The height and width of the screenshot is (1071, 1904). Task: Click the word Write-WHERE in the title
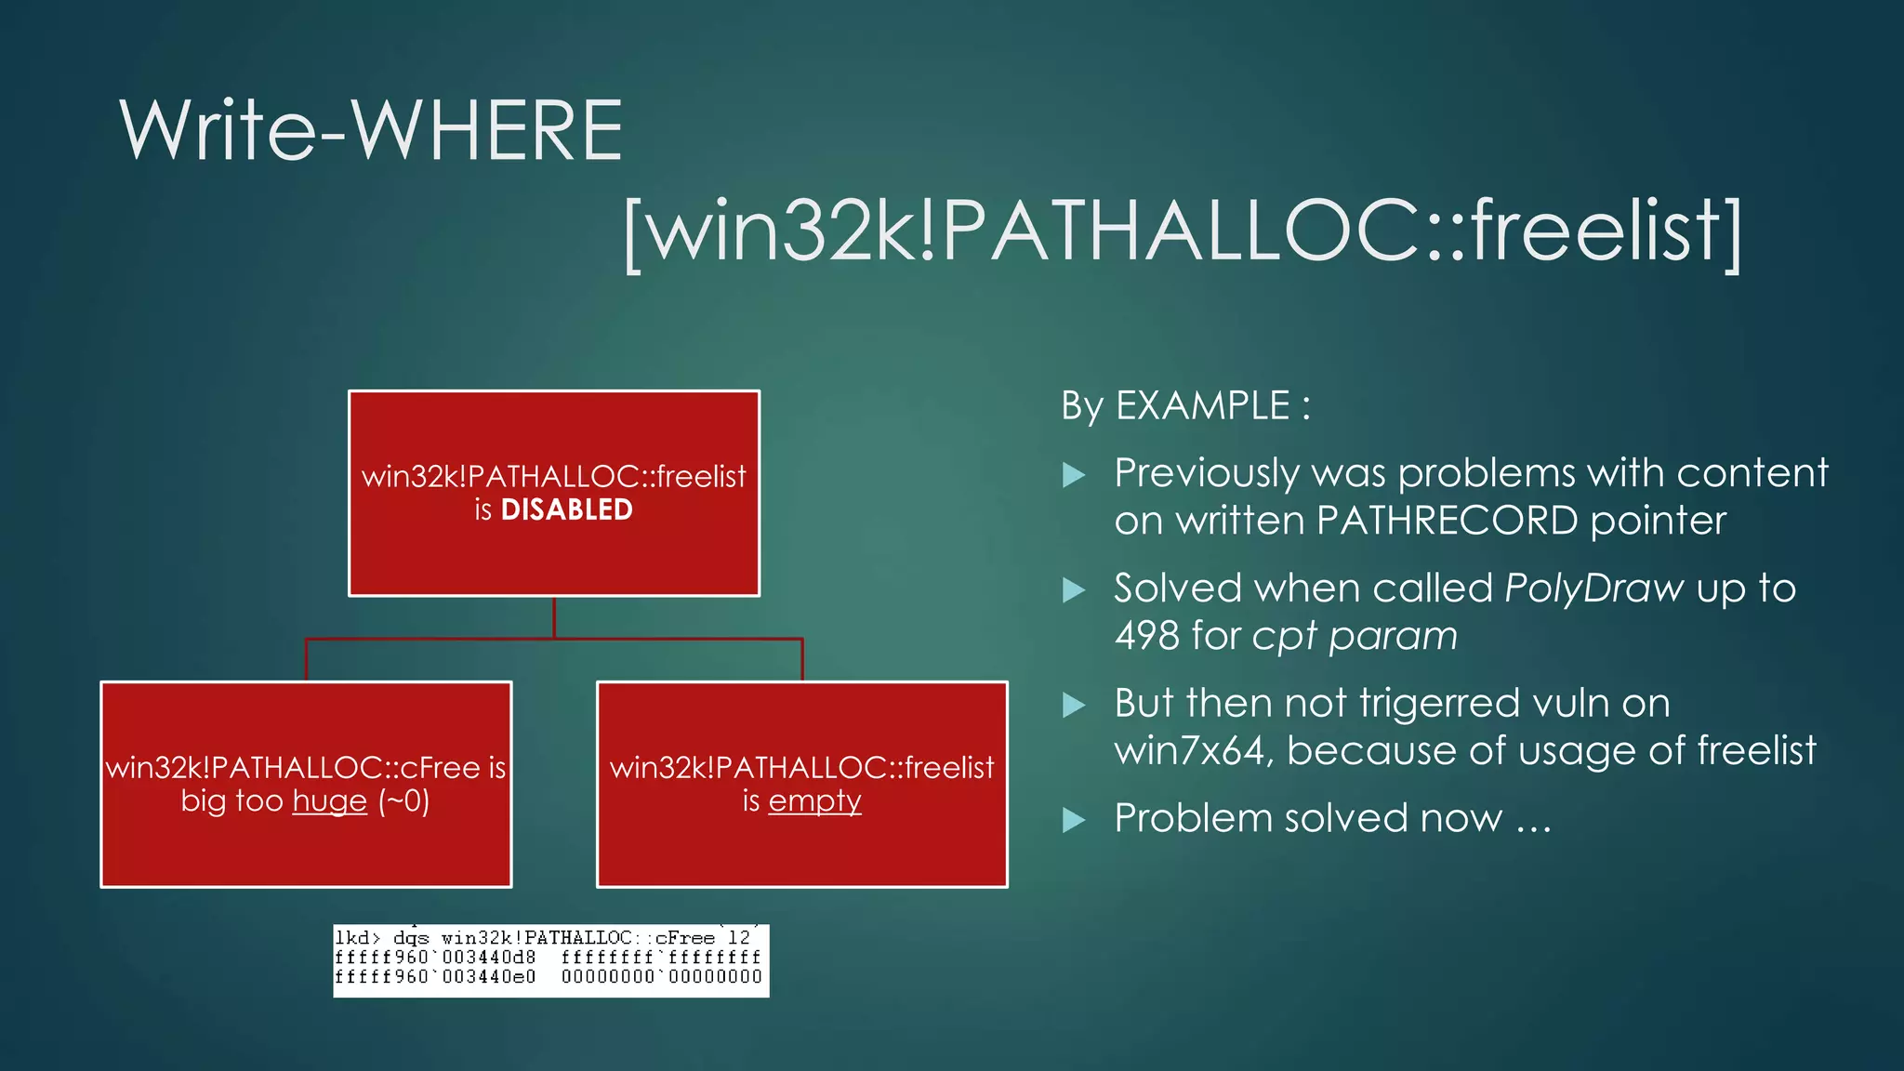tap(370, 131)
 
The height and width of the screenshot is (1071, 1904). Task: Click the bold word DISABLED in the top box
tap(566, 509)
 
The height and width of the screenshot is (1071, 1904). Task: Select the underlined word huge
tap(330, 800)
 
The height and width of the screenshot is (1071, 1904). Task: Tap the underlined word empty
tap(814, 800)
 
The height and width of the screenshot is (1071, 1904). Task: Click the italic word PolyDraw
tap(1593, 588)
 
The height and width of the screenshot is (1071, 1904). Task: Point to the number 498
tap(1147, 636)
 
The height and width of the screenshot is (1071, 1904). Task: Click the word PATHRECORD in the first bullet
tap(1447, 521)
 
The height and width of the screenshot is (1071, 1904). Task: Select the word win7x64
tap(1189, 751)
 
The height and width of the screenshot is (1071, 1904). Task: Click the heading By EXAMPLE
tap(1185, 406)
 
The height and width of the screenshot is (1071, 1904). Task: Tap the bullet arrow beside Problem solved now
tap(1074, 820)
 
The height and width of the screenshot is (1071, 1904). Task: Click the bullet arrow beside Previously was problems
tap(1074, 475)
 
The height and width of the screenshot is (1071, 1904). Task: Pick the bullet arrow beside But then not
tap(1074, 705)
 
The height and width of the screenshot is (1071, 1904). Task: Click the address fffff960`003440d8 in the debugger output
tap(435, 957)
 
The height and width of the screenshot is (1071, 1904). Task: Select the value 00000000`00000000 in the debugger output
tap(661, 977)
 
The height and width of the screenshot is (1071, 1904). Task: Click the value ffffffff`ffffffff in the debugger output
tap(661, 957)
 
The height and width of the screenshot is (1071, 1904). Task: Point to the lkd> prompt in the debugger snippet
tap(358, 938)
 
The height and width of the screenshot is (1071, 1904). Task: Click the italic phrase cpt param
tap(1355, 636)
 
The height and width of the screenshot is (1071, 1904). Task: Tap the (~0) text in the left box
tap(403, 800)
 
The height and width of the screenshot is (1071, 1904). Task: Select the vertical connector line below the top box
tap(554, 617)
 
